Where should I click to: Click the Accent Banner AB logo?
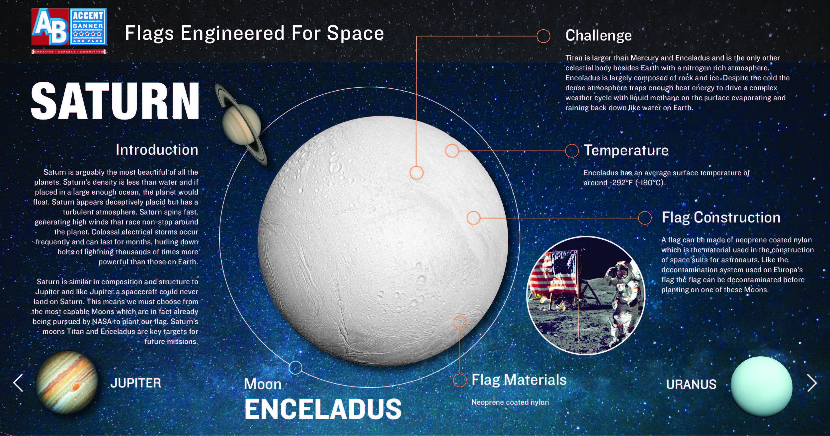(x=69, y=31)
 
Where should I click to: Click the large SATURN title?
(x=115, y=101)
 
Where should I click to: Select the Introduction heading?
(x=157, y=150)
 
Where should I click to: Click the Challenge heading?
(x=599, y=36)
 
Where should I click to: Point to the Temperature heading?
(x=626, y=150)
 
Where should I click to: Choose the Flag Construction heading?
(x=721, y=218)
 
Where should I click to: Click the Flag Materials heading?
(x=519, y=380)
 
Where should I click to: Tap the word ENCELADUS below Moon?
(x=323, y=409)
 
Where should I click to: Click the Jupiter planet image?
(x=67, y=382)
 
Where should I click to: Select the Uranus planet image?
(x=762, y=387)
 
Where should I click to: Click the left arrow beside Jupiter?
(x=18, y=383)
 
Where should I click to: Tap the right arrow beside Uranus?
(x=812, y=383)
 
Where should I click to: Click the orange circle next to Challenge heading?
(x=543, y=36)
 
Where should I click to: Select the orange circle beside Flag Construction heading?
(x=645, y=218)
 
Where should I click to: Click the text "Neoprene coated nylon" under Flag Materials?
(x=510, y=402)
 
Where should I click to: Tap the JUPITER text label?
(x=136, y=383)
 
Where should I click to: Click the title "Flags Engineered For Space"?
(x=254, y=33)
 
